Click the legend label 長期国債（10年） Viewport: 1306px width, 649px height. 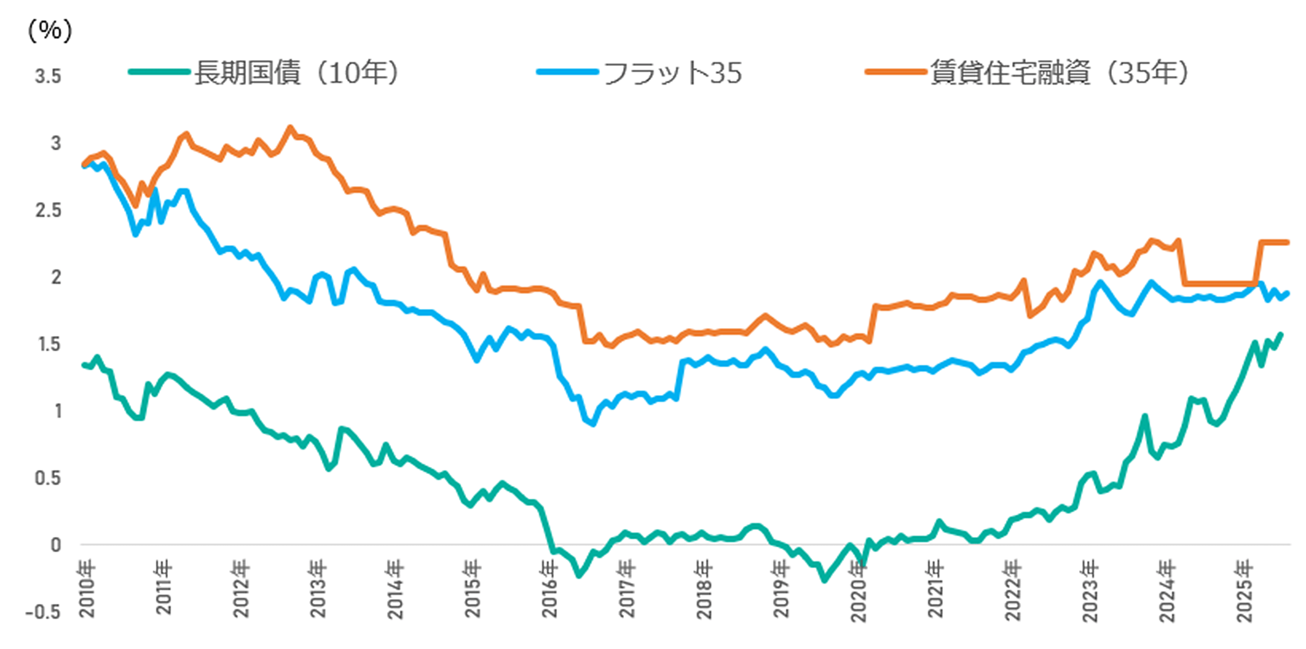click(297, 72)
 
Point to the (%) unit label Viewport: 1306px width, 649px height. click(50, 31)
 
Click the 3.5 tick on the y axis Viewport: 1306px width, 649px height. click(48, 77)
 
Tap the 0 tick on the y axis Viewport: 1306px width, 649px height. click(56, 545)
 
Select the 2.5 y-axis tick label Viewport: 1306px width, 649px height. click(48, 210)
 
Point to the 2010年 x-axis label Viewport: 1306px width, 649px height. click(87, 588)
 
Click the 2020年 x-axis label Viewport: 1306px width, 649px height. click(858, 591)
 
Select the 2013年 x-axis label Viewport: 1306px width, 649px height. click(318, 588)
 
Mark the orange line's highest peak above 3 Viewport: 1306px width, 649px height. click(290, 127)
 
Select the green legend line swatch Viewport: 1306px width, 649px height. click(159, 72)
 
